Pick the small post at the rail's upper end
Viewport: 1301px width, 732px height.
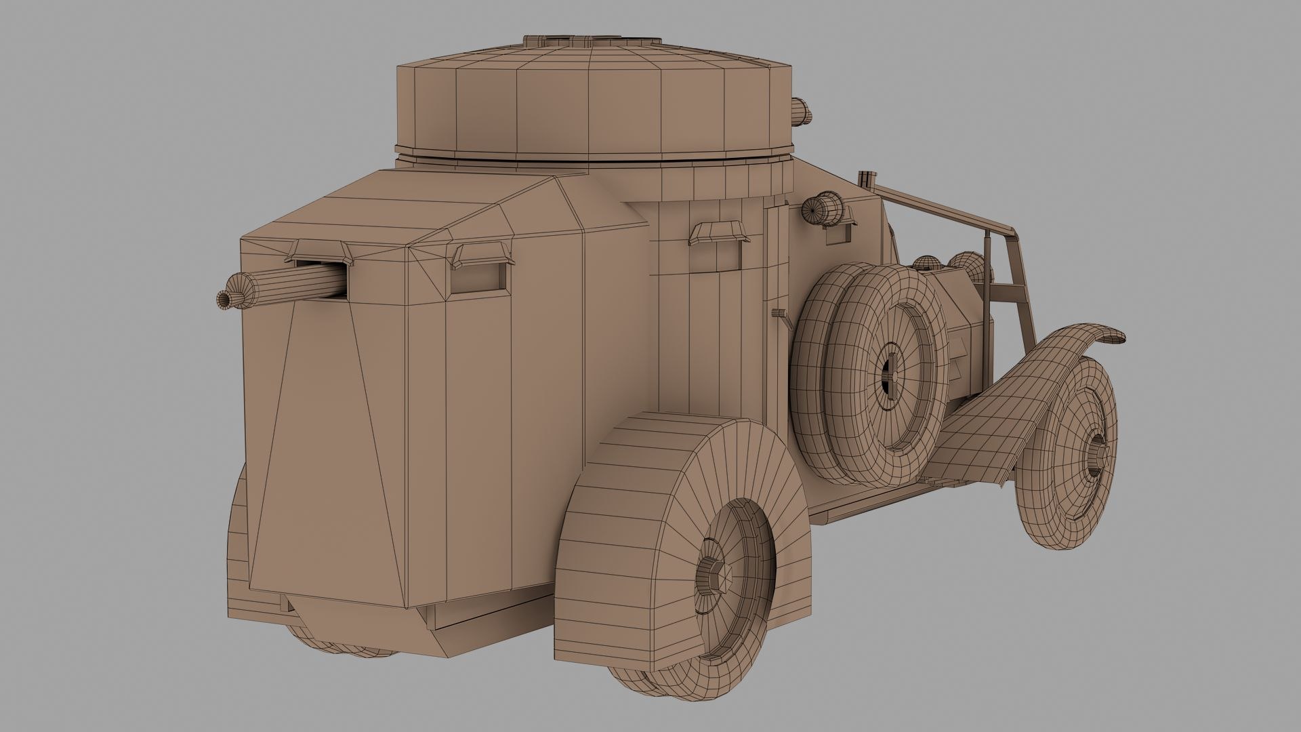tap(865, 179)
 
